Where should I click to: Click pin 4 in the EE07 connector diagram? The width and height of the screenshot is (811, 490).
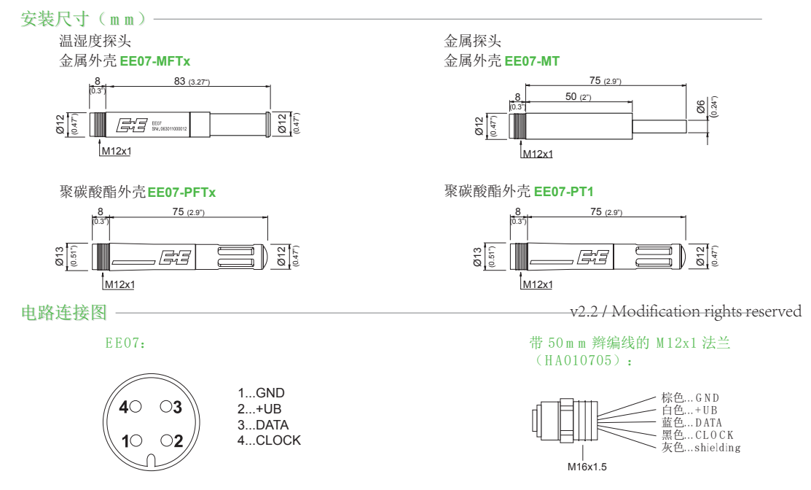128,406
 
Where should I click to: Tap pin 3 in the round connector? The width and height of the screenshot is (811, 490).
171,406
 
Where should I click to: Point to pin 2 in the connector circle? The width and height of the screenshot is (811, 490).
172,440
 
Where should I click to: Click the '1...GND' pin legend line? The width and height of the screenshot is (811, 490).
261,393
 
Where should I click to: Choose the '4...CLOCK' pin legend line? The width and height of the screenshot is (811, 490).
268,440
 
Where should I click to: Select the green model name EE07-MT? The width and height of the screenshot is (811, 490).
532,62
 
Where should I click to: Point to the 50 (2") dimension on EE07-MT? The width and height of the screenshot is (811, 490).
578,97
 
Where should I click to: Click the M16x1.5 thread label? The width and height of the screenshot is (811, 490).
587,467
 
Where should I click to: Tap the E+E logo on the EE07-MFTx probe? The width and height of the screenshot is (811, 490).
131,125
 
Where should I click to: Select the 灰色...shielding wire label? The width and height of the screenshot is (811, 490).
700,448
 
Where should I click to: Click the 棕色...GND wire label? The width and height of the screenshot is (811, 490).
690,398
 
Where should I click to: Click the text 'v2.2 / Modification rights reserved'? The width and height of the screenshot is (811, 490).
685,312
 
